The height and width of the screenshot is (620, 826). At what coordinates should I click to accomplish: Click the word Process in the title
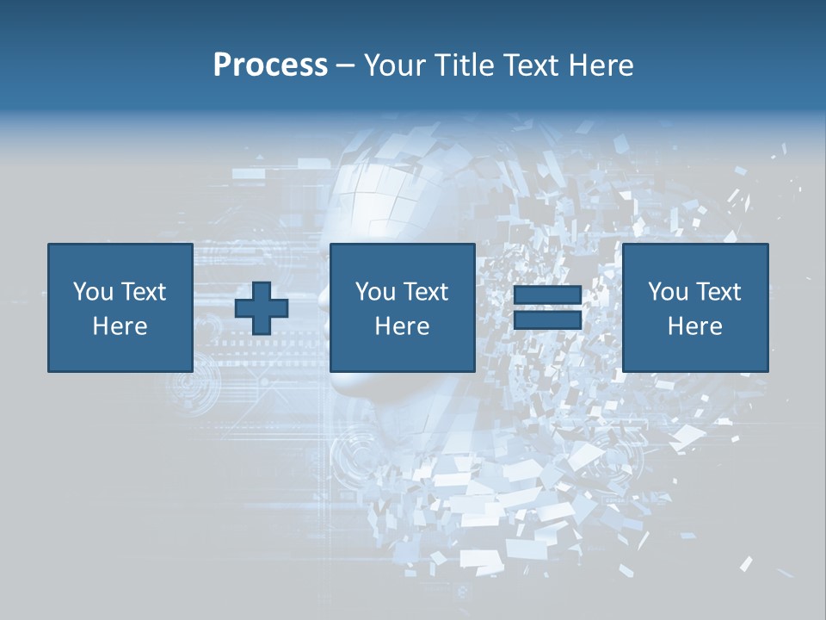(x=270, y=65)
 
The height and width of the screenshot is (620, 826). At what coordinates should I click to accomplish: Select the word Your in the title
(x=392, y=65)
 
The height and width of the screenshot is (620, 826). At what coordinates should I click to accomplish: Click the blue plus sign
(x=262, y=308)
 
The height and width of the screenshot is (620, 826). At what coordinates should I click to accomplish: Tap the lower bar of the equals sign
(x=547, y=320)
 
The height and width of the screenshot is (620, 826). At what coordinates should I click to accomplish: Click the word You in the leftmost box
(x=93, y=292)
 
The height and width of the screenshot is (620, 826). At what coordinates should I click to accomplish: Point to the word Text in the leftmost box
(x=143, y=292)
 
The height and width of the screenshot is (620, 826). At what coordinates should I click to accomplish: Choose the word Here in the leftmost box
(x=120, y=326)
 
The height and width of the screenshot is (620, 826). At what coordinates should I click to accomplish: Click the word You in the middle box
(x=375, y=292)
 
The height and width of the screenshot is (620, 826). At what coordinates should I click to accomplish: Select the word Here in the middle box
(x=402, y=326)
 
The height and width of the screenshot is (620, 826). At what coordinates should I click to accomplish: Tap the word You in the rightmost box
(x=668, y=292)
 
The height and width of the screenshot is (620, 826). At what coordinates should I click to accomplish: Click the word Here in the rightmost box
(x=694, y=326)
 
